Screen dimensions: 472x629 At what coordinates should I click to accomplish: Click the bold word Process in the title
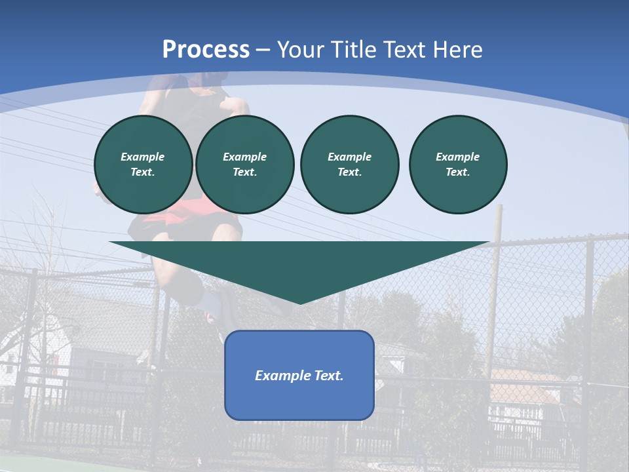pyautogui.click(x=206, y=50)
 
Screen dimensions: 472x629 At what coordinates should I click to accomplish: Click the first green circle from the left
pyautogui.click(x=143, y=164)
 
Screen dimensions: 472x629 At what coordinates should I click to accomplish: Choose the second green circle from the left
pyautogui.click(x=244, y=164)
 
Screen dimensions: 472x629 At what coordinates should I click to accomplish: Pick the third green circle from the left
pyautogui.click(x=349, y=164)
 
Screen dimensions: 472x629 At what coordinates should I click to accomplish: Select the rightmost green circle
pyautogui.click(x=458, y=164)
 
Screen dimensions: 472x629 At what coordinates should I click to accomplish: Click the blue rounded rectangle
pyautogui.click(x=299, y=400)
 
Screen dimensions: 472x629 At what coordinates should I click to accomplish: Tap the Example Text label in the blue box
pyautogui.click(x=299, y=376)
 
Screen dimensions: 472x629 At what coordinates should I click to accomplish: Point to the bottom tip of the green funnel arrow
pyautogui.click(x=300, y=303)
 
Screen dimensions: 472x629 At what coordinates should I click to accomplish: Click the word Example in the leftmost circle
pyautogui.click(x=143, y=157)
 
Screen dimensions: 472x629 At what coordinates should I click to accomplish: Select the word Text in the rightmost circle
pyautogui.click(x=457, y=172)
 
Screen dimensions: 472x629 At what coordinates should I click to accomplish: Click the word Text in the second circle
pyautogui.click(x=244, y=172)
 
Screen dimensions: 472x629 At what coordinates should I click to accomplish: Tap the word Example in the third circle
pyautogui.click(x=349, y=157)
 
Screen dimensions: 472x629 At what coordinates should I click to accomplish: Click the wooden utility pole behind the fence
pyautogui.click(x=495, y=275)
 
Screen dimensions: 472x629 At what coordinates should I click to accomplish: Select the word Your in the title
pyautogui.click(x=299, y=50)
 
